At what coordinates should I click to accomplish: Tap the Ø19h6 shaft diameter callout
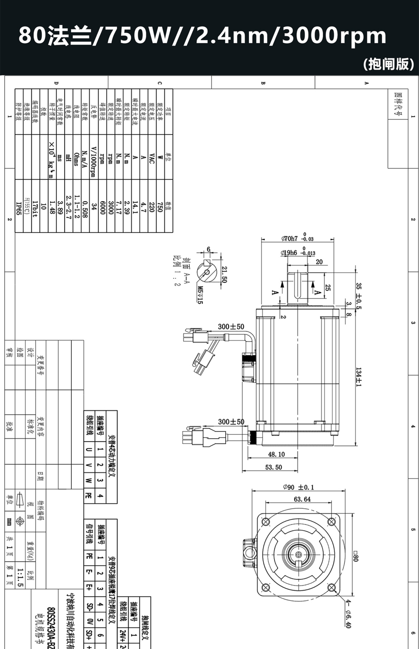[289, 253]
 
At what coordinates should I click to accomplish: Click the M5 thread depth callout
[200, 295]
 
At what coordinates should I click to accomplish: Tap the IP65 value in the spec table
[19, 208]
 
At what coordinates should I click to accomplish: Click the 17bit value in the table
[35, 209]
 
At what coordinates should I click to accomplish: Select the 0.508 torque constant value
[85, 209]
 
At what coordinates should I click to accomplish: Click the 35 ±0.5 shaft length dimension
[359, 296]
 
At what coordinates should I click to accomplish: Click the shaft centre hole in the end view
[299, 555]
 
